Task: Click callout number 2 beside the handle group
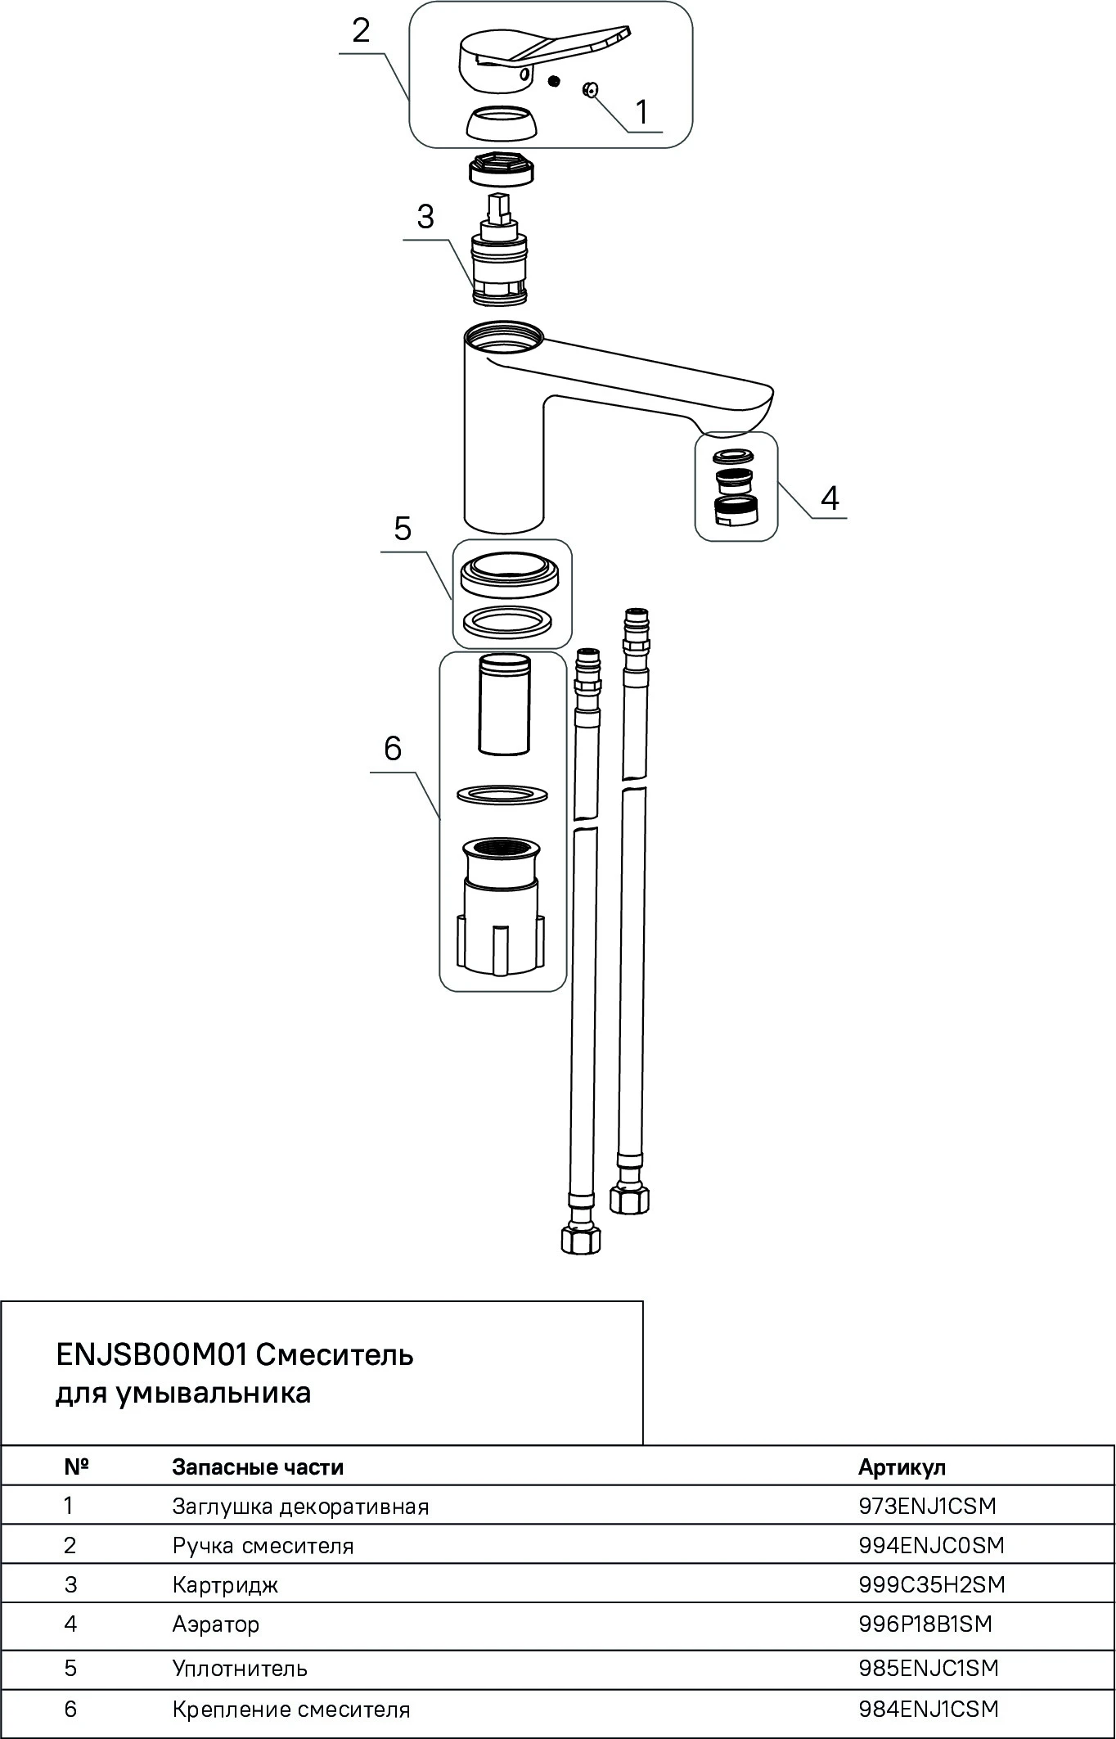361,31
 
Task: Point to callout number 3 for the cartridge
425,217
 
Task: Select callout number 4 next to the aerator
830,498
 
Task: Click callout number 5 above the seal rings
403,529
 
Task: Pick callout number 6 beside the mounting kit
393,748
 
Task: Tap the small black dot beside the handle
555,81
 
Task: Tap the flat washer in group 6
502,794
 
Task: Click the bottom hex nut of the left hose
580,1240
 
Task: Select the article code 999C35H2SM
931,1584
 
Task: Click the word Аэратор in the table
215,1624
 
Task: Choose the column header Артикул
902,1467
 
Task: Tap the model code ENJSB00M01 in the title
151,1355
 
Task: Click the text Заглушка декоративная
300,1507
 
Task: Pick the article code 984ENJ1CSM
929,1709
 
